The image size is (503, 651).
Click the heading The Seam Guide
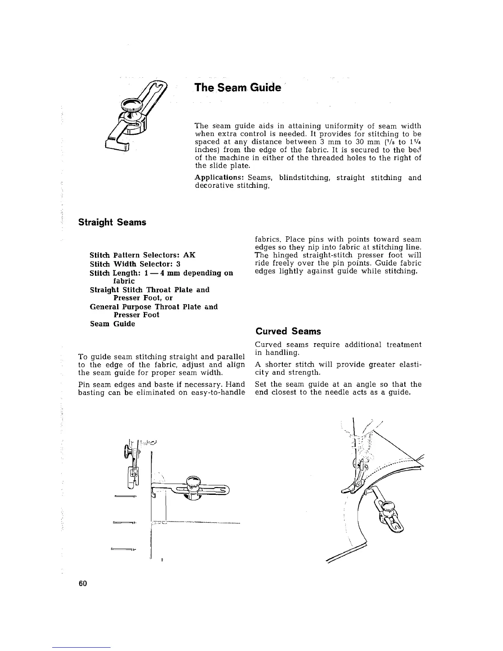[238, 88]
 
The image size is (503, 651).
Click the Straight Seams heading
[112, 222]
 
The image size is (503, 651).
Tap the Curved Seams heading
[288, 331]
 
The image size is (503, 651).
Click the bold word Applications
[219, 178]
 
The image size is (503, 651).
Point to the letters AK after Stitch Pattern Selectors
[189, 255]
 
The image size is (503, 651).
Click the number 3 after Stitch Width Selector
[178, 264]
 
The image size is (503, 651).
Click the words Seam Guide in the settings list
[112, 324]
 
